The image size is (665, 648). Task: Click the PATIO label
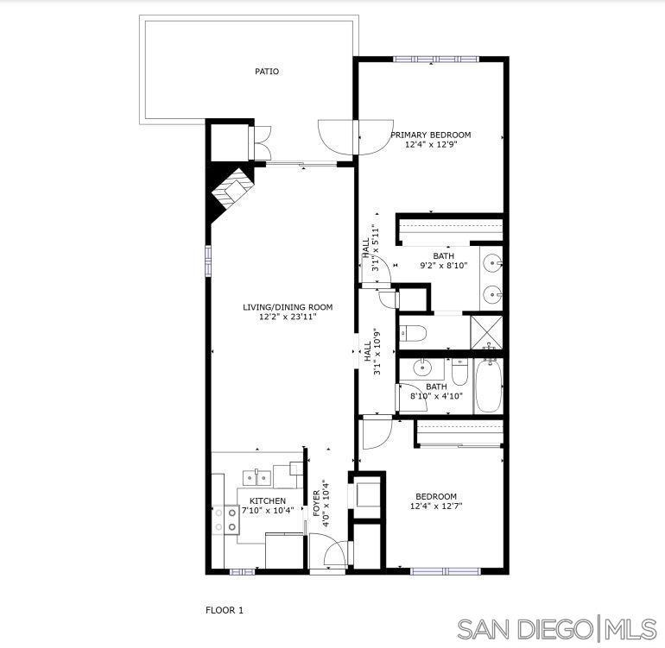click(267, 72)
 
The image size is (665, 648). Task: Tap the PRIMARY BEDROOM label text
click(430, 135)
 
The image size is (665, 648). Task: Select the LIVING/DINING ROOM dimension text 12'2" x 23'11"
click(288, 317)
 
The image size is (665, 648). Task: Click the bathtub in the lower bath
click(489, 385)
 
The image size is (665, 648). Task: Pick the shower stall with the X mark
click(487, 332)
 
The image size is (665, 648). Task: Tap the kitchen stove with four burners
click(225, 520)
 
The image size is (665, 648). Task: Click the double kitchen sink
click(257, 478)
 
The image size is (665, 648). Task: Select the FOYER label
click(316, 504)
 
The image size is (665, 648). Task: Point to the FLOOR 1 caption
click(225, 610)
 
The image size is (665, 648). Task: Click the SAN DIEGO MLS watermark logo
click(557, 628)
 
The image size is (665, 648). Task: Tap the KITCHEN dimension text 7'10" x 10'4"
click(268, 510)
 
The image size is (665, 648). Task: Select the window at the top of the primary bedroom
click(436, 60)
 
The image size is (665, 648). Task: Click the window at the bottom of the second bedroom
click(446, 571)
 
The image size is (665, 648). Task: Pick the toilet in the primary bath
click(412, 334)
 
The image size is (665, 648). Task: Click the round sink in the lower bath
click(422, 367)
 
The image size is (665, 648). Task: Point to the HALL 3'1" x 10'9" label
click(372, 351)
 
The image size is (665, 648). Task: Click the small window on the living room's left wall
click(208, 261)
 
